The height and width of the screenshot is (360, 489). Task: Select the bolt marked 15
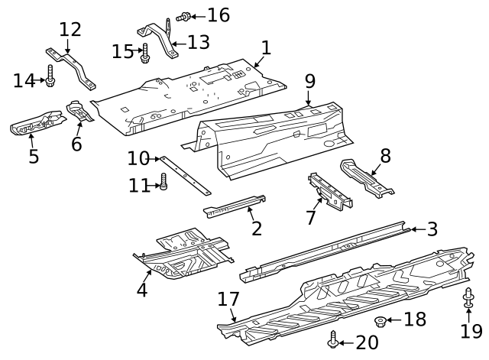[x=145, y=54]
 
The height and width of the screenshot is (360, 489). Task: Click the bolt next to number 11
[x=163, y=182]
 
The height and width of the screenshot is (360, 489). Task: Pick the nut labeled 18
[x=380, y=320]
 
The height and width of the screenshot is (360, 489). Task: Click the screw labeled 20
[x=332, y=340]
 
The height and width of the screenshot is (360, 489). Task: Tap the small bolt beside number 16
[x=184, y=15]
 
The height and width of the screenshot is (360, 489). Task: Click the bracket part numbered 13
[x=161, y=38]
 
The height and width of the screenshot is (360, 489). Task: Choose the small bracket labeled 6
[x=81, y=111]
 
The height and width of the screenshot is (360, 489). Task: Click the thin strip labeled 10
[x=184, y=174]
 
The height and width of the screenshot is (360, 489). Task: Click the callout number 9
[x=309, y=79]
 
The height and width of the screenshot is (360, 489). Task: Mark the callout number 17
[x=228, y=299]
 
